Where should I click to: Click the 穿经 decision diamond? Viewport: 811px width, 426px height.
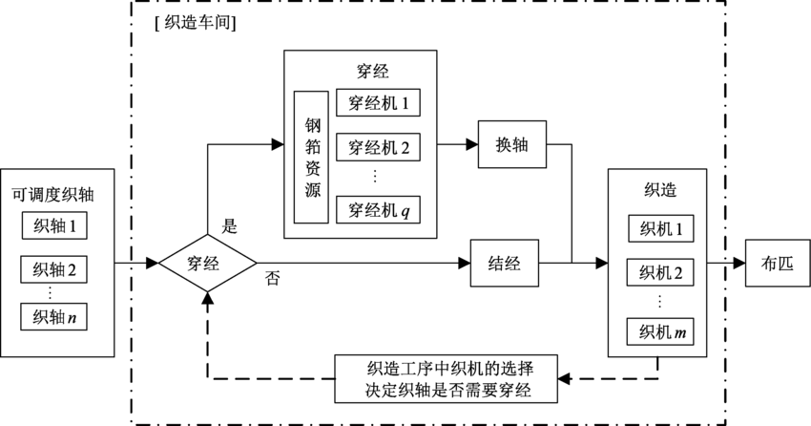[x=207, y=262]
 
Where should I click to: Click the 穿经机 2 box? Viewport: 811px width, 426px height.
[x=379, y=147]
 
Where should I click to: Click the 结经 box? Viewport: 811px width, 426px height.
[x=505, y=262]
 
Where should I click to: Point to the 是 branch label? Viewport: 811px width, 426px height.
[x=229, y=226]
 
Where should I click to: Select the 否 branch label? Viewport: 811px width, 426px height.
[x=272, y=279]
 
